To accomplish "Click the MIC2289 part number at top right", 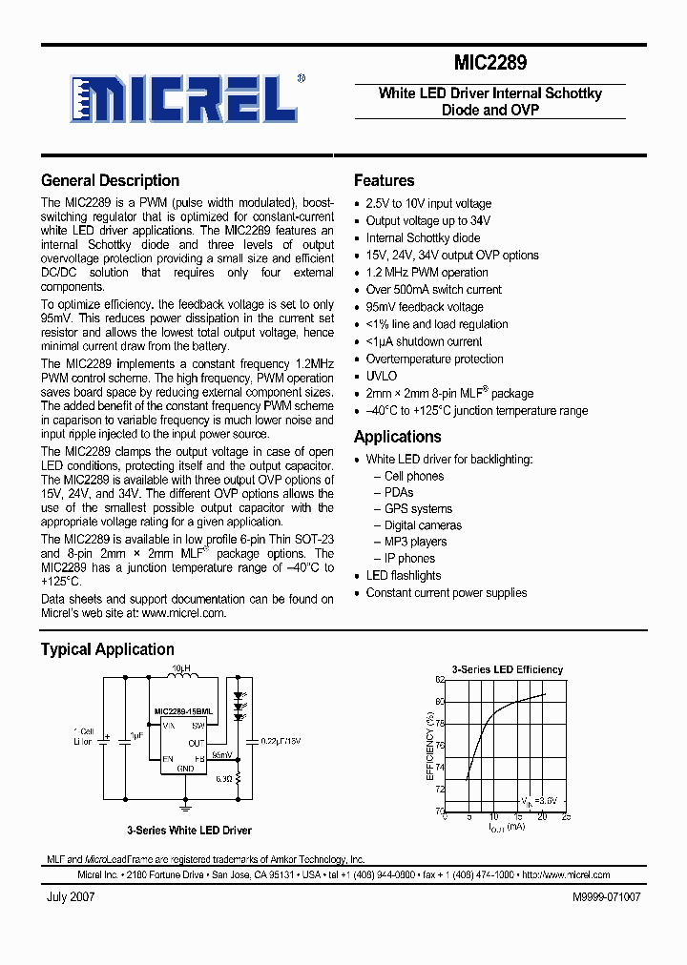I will pyautogui.click(x=489, y=63).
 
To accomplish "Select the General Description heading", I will pyautogui.click(x=110, y=180).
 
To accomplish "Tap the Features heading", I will pyautogui.click(x=384, y=180).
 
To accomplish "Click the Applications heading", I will pyautogui.click(x=397, y=437).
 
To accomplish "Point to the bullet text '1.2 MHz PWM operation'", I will pyautogui.click(x=427, y=273).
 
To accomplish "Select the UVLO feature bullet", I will pyautogui.click(x=381, y=376).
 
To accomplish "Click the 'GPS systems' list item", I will pyautogui.click(x=418, y=509).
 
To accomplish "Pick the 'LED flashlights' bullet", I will pyautogui.click(x=404, y=576).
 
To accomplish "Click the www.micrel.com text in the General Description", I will pyautogui.click(x=183, y=614).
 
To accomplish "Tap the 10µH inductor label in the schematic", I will pyautogui.click(x=180, y=668).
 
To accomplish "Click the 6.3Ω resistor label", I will pyautogui.click(x=224, y=779).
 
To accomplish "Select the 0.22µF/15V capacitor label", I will pyautogui.click(x=280, y=740).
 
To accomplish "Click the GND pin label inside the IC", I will pyautogui.click(x=186, y=768).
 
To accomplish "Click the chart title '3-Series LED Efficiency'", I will pyautogui.click(x=507, y=669).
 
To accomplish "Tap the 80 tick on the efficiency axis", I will pyautogui.click(x=440, y=702).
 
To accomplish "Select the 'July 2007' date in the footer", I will pyautogui.click(x=70, y=897).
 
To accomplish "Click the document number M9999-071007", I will pyautogui.click(x=606, y=897).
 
